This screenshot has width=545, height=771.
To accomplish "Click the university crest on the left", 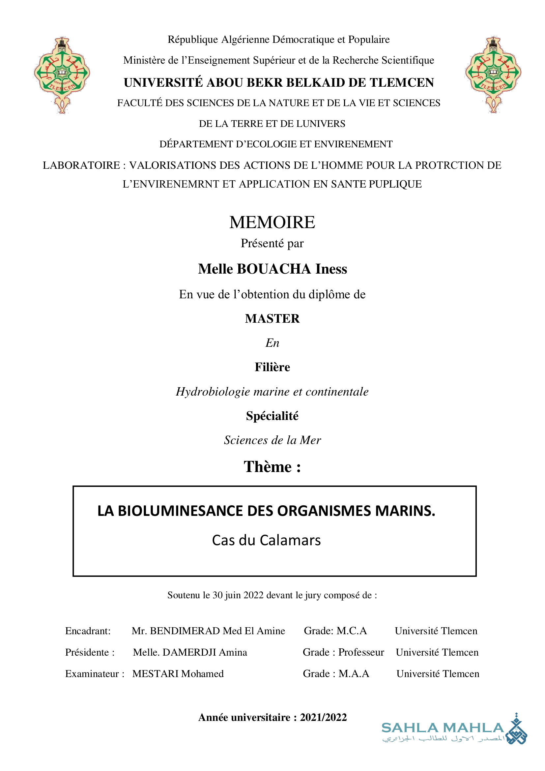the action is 62,74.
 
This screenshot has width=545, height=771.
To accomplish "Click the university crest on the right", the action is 493,74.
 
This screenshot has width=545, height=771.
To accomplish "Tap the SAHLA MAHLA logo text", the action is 443,728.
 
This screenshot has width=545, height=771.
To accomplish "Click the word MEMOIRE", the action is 272,222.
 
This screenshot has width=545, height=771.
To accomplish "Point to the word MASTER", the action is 272,319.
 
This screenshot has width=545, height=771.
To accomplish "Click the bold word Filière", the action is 272,367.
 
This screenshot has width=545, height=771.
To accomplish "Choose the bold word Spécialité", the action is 272,416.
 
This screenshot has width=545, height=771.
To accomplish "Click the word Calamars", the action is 290,540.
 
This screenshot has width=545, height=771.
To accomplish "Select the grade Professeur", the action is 361,652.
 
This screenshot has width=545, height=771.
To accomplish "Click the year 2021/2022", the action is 323,717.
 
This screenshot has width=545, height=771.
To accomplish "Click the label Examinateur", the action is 92,674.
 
